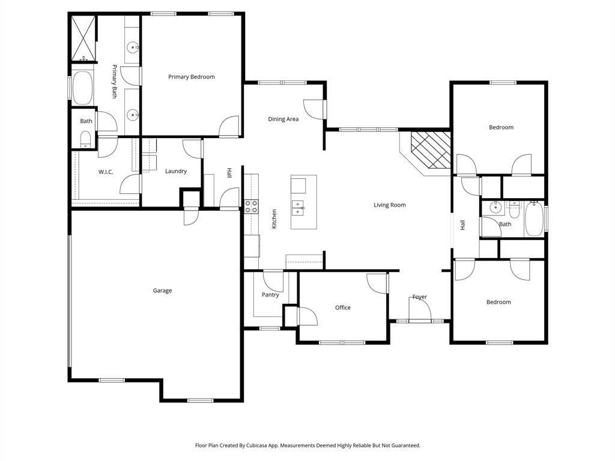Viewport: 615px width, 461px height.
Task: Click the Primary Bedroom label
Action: (191, 77)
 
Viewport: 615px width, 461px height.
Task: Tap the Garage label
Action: (162, 291)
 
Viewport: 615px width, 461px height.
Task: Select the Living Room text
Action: (389, 205)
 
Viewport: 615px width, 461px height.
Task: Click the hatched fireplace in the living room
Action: (431, 150)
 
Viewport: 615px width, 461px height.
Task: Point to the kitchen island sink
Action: (298, 208)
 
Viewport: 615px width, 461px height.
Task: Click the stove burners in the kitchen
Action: (251, 207)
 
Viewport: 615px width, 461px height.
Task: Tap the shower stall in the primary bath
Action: (83, 38)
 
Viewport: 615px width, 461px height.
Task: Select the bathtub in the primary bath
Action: (82, 88)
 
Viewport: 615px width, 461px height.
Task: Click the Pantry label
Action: (270, 295)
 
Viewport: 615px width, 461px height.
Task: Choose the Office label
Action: (342, 308)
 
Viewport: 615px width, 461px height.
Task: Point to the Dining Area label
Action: (283, 119)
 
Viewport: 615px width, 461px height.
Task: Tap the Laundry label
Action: (176, 171)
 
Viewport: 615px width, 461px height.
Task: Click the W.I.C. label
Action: (106, 172)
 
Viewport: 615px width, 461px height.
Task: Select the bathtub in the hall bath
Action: (534, 219)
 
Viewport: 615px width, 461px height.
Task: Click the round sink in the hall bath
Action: (495, 209)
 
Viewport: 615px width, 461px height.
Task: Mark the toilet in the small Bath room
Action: (85, 140)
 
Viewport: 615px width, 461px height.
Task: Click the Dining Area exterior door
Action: (315, 108)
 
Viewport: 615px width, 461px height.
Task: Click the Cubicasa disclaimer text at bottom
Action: (307, 445)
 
